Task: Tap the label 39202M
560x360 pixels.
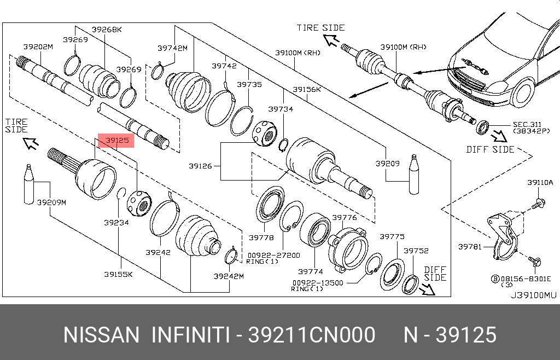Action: pos(38,47)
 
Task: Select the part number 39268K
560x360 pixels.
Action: pos(107,30)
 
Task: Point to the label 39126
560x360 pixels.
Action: pos(200,166)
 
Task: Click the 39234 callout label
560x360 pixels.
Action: pos(116,223)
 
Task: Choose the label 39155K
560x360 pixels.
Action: pos(118,274)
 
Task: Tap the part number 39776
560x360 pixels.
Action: pos(345,218)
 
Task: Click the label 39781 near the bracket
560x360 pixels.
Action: pos(470,246)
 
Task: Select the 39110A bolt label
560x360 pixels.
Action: pos(540,183)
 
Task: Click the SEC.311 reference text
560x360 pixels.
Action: pos(527,125)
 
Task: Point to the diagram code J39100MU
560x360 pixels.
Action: pos(533,295)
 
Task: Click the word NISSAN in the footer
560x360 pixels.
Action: pos(101,335)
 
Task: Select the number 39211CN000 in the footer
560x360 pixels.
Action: pos(311,335)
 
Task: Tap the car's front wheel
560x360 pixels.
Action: pos(523,92)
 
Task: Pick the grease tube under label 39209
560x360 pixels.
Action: pos(413,175)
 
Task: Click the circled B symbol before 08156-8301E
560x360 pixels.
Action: pos(495,278)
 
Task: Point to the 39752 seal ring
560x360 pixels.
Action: pos(410,284)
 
